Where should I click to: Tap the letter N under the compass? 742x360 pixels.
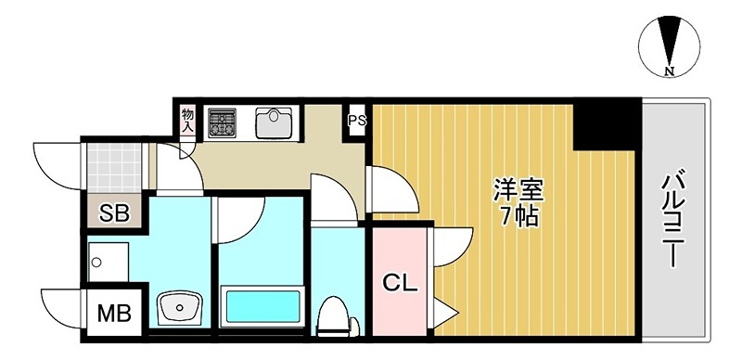[668, 71]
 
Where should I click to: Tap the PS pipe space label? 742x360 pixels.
[357, 120]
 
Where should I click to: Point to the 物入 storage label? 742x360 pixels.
[187, 119]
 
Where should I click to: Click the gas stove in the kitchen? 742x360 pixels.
[224, 122]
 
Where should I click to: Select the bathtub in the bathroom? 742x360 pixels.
[263, 305]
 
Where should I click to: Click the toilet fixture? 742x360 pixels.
[332, 315]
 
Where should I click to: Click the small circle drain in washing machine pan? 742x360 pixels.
[96, 262]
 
